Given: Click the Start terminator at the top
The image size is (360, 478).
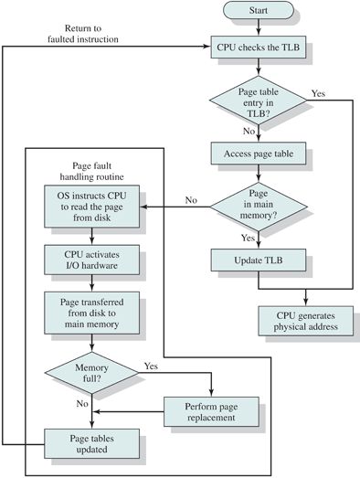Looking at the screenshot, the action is [x=259, y=10].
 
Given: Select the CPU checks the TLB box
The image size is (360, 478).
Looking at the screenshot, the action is [x=259, y=48].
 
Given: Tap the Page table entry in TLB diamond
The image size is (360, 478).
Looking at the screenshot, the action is [x=259, y=101].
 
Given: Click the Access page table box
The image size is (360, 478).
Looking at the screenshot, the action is [x=259, y=154].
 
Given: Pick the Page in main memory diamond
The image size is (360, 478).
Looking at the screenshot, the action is [x=259, y=207].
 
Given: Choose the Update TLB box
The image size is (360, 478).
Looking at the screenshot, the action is [x=259, y=260].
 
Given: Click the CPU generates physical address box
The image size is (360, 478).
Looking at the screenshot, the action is [x=306, y=321].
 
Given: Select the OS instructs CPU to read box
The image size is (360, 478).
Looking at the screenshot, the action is [x=91, y=207].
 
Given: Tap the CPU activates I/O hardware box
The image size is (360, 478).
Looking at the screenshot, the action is [x=91, y=260].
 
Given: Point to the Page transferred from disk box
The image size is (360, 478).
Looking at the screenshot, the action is [x=91, y=313].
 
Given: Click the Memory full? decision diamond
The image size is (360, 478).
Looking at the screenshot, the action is [x=91, y=373].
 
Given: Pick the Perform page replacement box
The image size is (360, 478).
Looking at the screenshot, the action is [x=211, y=411].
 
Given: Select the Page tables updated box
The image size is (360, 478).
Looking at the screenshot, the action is [x=91, y=444].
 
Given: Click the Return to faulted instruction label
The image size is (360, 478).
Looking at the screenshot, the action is [x=83, y=34].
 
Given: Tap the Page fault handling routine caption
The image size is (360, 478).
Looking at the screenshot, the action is [x=91, y=171].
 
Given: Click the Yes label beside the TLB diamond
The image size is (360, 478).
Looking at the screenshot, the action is [x=318, y=93].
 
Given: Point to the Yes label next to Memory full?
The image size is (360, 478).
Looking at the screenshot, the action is [x=151, y=366].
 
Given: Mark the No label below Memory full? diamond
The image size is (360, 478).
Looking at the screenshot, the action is [x=82, y=404].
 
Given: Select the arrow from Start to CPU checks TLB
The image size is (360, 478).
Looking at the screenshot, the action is [x=259, y=27].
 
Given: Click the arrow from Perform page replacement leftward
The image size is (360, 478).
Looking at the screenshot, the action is [x=128, y=412].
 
